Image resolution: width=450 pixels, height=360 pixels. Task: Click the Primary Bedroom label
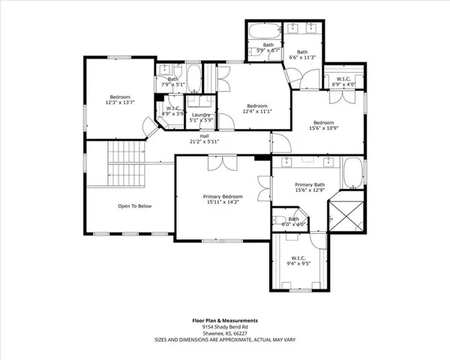coord(223,196)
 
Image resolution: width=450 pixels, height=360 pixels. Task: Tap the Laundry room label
coord(201,115)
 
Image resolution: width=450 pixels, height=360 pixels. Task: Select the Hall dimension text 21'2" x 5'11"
coord(203,142)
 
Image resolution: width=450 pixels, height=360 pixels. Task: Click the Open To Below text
coord(135,205)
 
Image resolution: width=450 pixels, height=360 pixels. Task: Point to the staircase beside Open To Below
coord(125,164)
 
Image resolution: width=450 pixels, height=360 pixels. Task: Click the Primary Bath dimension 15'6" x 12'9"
coord(309,190)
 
